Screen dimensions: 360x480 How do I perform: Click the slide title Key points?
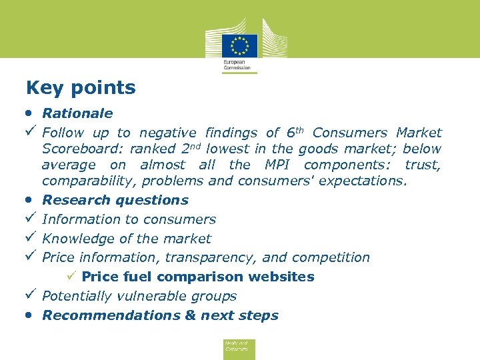coord(81,88)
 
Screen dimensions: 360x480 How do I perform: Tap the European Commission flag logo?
coord(239,46)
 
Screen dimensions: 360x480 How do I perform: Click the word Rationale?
coord(77,113)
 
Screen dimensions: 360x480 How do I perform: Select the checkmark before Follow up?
coord(30,133)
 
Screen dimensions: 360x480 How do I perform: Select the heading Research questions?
coord(115,200)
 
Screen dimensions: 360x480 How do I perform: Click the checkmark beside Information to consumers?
coord(30,219)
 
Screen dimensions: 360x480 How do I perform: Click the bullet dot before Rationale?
coord(30,112)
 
